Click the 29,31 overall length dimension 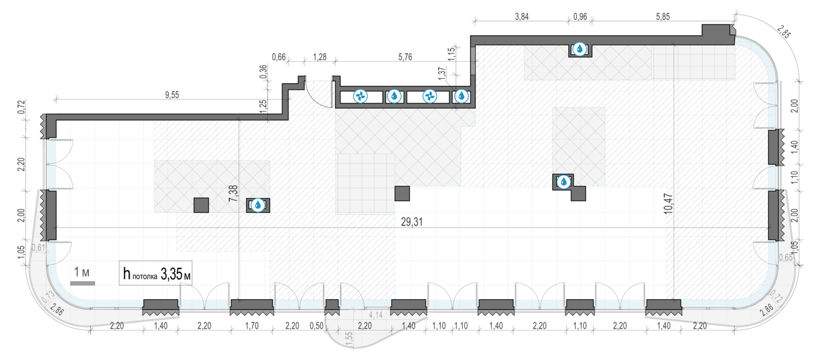click(412, 222)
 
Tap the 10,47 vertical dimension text click(669, 204)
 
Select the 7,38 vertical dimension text click(233, 193)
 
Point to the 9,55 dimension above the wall click(172, 95)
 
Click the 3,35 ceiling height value click(171, 274)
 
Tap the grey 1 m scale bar click(82, 283)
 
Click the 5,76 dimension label click(405, 57)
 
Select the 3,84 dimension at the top click(522, 17)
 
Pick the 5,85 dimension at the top click(663, 17)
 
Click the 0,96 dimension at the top click(580, 17)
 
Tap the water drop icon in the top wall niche click(580, 49)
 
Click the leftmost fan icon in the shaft click(360, 96)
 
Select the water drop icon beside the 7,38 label click(258, 205)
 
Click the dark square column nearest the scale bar click(201, 205)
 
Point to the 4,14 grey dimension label click(376, 315)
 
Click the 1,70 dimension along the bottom click(252, 326)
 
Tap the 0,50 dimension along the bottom click(316, 326)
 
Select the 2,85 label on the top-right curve click(784, 32)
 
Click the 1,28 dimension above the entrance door click(320, 57)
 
